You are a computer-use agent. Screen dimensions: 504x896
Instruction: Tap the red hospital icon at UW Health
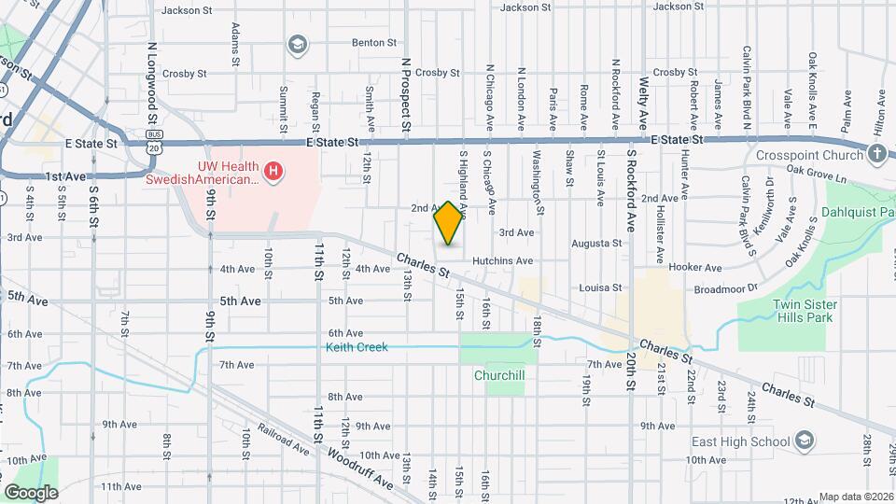click(273, 170)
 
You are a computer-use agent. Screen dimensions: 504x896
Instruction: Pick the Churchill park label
click(499, 376)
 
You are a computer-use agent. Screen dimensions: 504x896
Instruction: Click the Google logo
click(31, 492)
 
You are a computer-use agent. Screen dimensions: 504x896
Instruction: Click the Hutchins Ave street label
click(502, 261)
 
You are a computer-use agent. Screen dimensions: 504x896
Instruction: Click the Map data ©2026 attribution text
click(857, 497)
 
